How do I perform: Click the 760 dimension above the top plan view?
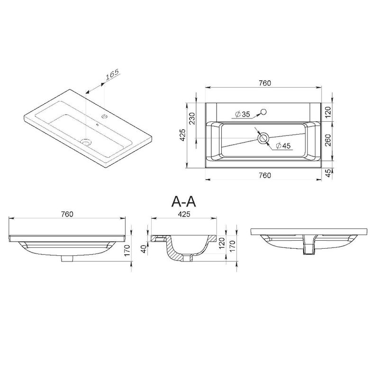(x=265, y=83)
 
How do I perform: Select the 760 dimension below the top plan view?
(x=265, y=175)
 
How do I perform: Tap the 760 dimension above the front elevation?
(x=67, y=214)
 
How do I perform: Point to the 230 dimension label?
(x=191, y=118)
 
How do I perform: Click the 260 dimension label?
(x=328, y=140)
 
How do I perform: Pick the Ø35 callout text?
(x=242, y=114)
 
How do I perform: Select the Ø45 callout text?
(x=283, y=146)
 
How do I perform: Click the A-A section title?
(x=183, y=202)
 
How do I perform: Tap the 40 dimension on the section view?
(x=144, y=249)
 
